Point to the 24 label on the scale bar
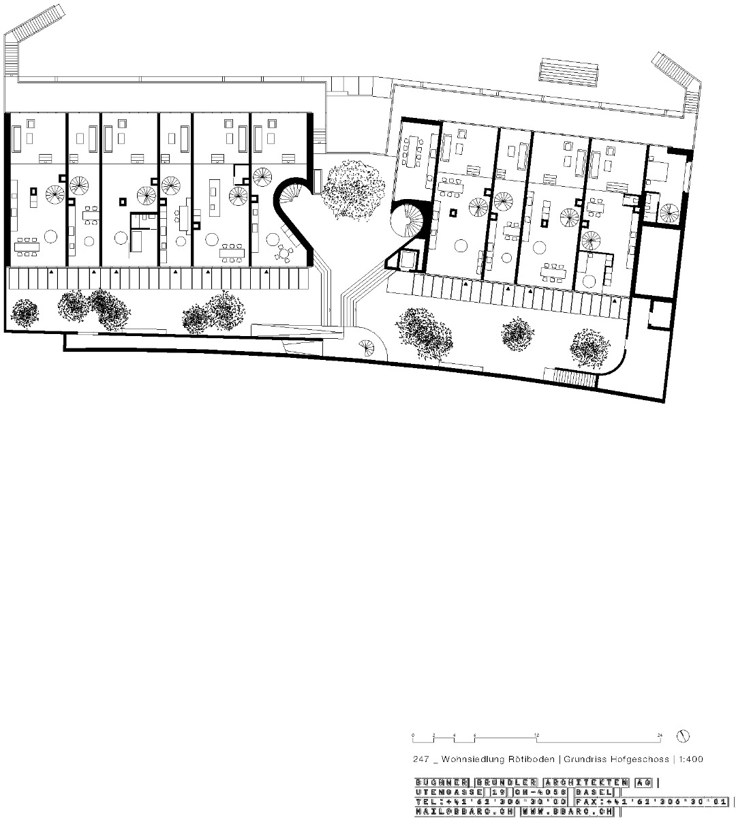point(660,735)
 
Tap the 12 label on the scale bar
point(537,735)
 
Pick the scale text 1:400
point(690,759)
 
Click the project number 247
point(420,759)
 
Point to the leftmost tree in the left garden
point(26,312)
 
